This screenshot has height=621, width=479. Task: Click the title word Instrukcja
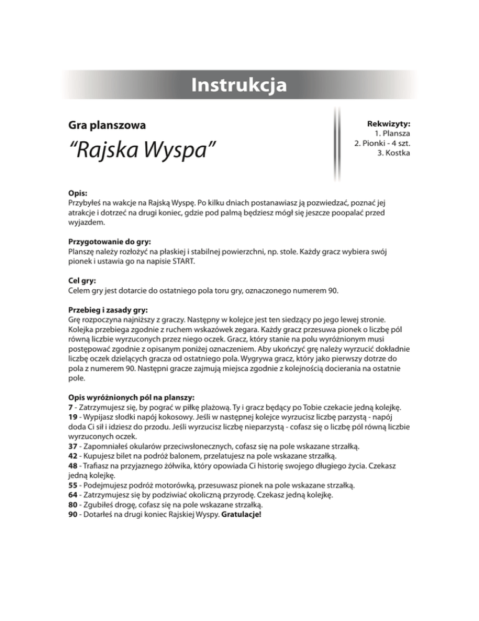pyautogui.click(x=239, y=85)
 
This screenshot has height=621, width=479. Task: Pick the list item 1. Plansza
pyautogui.click(x=392, y=134)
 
